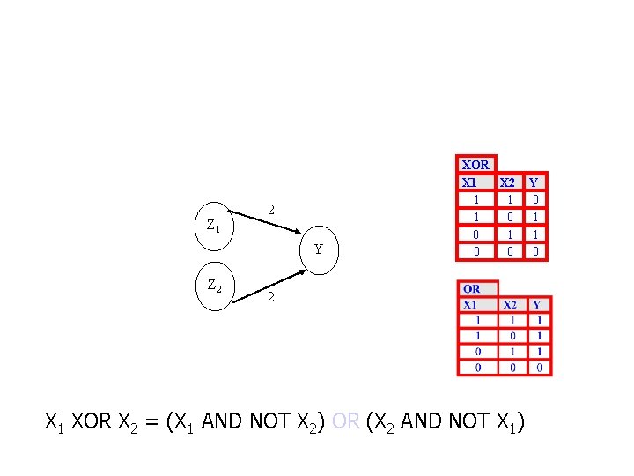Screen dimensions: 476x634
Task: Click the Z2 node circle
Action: pos(214,286)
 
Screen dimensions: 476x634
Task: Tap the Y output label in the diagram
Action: pos(320,249)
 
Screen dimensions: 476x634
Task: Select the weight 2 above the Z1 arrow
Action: pos(271,210)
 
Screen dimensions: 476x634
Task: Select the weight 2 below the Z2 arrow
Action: pos(271,299)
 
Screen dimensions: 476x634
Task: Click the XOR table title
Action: pos(475,165)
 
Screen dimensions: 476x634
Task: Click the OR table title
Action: pos(472,289)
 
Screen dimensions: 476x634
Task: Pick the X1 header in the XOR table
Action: pos(471,183)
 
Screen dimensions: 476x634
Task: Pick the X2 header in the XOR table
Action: pos(508,183)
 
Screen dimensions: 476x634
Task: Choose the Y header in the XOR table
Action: pos(534,183)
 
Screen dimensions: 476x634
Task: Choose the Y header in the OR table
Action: pos(536,305)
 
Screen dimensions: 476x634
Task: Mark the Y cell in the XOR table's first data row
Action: pos(534,200)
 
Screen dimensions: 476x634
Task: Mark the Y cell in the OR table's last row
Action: pos(538,368)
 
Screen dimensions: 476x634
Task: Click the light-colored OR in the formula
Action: pos(346,422)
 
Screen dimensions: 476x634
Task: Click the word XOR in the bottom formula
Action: pos(92,422)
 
